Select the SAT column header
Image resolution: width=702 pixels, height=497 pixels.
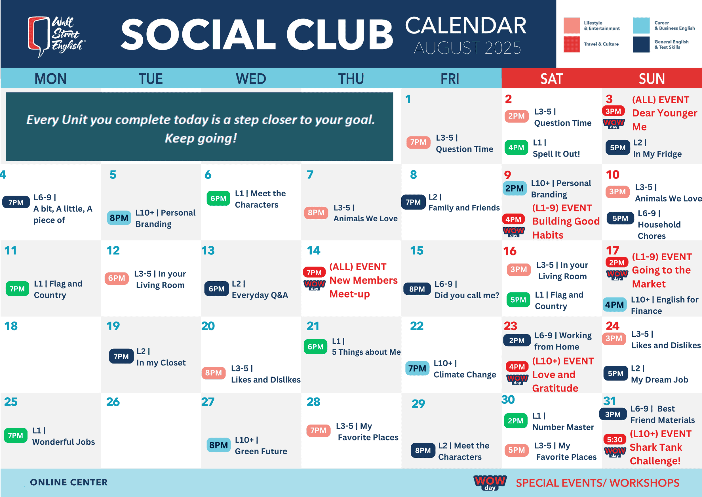(x=551, y=79)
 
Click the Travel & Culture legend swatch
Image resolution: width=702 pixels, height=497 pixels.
(x=572, y=44)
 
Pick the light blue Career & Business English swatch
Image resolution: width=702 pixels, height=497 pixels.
(x=641, y=25)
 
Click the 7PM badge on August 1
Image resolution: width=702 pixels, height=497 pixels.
(x=418, y=142)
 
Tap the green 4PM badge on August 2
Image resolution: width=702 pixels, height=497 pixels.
(x=516, y=147)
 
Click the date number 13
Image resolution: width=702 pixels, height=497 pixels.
(x=208, y=251)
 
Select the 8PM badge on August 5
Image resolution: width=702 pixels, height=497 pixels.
(x=119, y=218)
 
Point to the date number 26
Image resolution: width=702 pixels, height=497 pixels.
(x=113, y=402)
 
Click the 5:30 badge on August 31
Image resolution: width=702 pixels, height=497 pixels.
(x=615, y=440)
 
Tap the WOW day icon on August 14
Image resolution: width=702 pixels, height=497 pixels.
(x=314, y=285)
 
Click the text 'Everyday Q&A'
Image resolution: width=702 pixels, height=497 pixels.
(x=260, y=295)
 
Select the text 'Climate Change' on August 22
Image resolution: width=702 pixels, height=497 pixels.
(x=465, y=375)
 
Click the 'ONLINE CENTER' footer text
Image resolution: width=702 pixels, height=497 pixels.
(x=69, y=482)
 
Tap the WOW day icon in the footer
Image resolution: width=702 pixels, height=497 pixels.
(x=490, y=483)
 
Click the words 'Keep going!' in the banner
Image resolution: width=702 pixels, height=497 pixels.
(x=201, y=138)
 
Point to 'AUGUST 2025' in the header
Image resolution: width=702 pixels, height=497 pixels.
(x=467, y=48)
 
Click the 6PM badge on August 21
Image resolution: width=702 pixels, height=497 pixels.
(x=315, y=347)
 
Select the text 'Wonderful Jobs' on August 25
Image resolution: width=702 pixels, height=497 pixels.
(x=64, y=442)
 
